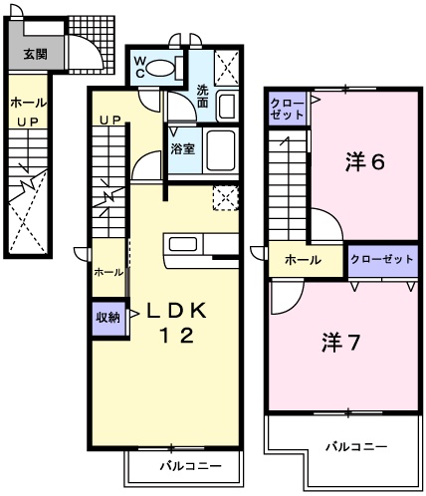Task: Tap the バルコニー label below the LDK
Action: pos(184,466)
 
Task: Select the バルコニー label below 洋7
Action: pos(353,447)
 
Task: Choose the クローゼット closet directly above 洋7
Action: pos(382,260)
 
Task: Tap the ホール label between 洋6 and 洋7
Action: pos(303,260)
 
